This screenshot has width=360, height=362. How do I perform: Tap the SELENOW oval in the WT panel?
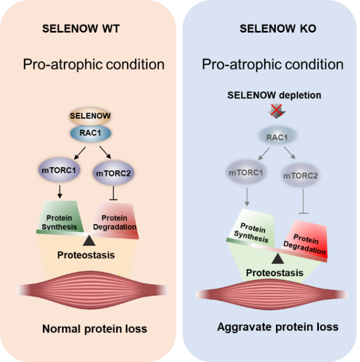pyautogui.click(x=90, y=116)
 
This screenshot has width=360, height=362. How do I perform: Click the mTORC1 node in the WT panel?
pyautogui.click(x=59, y=171)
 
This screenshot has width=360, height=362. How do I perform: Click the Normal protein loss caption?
pyautogui.click(x=94, y=329)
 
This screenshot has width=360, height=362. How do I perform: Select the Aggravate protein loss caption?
pyautogui.click(x=278, y=327)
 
